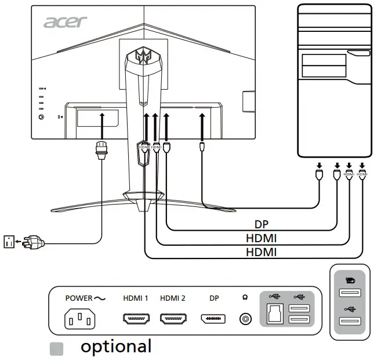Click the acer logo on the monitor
[66, 22]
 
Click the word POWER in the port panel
[78, 298]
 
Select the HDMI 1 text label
[136, 298]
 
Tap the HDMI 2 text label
[173, 298]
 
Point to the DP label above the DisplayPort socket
[213, 298]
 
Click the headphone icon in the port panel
[245, 298]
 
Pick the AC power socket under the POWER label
[78, 319]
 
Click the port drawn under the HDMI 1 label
[136, 319]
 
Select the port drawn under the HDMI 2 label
[173, 319]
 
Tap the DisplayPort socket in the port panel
[213, 319]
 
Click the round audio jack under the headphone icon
[245, 319]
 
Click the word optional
[116, 347]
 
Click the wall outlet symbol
[9, 240]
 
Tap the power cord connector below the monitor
[102, 152]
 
